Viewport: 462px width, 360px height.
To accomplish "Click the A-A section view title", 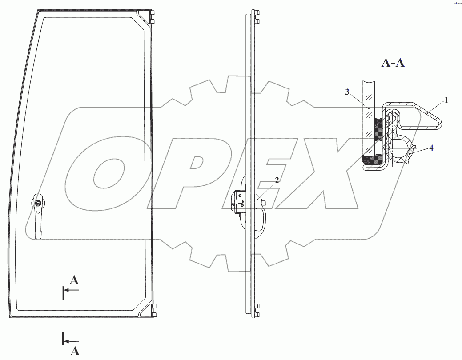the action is click(393, 63).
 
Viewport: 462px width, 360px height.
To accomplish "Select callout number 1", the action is click(446, 100).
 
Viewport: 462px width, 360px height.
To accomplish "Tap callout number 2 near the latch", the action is click(277, 180).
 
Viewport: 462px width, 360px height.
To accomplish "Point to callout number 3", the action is click(347, 92).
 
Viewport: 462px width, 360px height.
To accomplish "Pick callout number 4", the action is click(431, 148).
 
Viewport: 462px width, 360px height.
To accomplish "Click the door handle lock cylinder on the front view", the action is click(38, 203).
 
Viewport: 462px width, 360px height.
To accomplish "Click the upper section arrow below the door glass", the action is click(71, 290).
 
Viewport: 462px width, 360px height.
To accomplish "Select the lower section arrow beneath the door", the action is click(71, 341).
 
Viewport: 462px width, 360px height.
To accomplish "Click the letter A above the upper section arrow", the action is click(75, 280).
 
